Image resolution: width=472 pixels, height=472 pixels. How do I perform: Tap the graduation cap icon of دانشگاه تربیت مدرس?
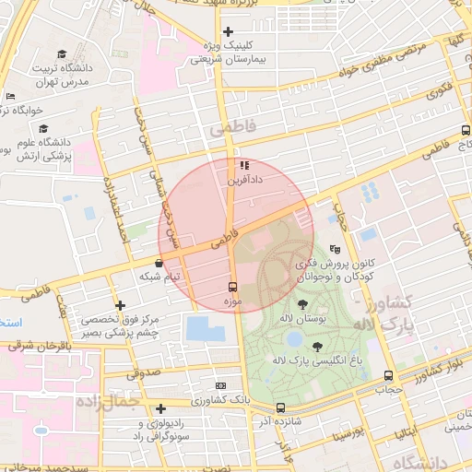pyautogui.click(x=62, y=54)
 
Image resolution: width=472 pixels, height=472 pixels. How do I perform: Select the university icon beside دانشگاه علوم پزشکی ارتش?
pyautogui.click(x=43, y=128)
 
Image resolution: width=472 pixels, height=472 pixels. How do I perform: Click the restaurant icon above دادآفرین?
pyautogui.click(x=244, y=166)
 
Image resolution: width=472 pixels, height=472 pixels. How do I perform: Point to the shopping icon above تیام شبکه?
pyautogui.click(x=159, y=263)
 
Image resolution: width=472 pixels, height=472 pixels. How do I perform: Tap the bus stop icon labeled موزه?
pyautogui.click(x=231, y=287)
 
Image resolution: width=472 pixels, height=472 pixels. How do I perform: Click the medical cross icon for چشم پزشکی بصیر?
pyautogui.click(x=119, y=305)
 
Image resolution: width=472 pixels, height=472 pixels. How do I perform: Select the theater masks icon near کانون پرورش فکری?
pyautogui.click(x=335, y=249)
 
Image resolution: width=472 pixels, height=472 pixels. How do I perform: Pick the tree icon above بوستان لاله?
pyautogui.click(x=302, y=304)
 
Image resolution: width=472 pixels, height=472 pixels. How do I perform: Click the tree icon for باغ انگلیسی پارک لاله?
pyautogui.click(x=318, y=347)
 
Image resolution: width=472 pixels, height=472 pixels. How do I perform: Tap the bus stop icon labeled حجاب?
pyautogui.click(x=388, y=375)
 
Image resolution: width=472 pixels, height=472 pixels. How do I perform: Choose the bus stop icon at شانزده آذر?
pyautogui.click(x=280, y=407)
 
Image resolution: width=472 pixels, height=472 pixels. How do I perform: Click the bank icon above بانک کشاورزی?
pyautogui.click(x=220, y=385)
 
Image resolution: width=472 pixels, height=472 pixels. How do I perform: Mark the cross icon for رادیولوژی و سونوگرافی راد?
pyautogui.click(x=160, y=408)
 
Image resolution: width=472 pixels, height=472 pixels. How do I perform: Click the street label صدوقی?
pyautogui.click(x=143, y=372)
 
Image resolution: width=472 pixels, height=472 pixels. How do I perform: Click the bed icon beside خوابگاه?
pyautogui.click(x=10, y=97)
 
